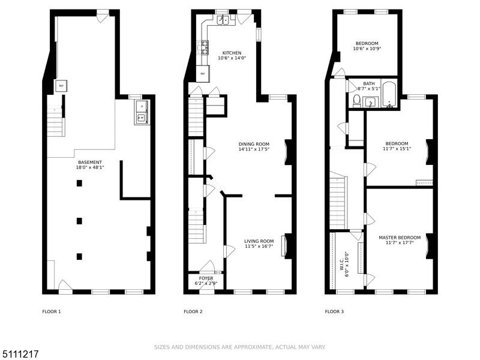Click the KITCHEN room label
tap(232, 53)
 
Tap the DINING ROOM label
tap(254, 144)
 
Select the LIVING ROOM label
tap(259, 241)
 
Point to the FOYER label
tap(206, 278)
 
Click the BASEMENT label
tap(89, 162)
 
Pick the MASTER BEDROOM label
tap(400, 238)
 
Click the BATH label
tap(368, 83)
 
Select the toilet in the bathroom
tap(356, 101)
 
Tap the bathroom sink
tap(370, 102)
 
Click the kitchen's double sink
tap(223, 20)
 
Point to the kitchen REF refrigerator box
tap(203, 74)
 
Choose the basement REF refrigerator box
tap(61, 86)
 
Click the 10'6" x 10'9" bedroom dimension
tap(367, 49)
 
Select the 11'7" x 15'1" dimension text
tap(397, 149)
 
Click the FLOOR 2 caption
tap(193, 311)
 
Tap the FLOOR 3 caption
tap(334, 311)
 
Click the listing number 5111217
tap(20, 354)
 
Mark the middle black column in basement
tap(79, 221)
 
